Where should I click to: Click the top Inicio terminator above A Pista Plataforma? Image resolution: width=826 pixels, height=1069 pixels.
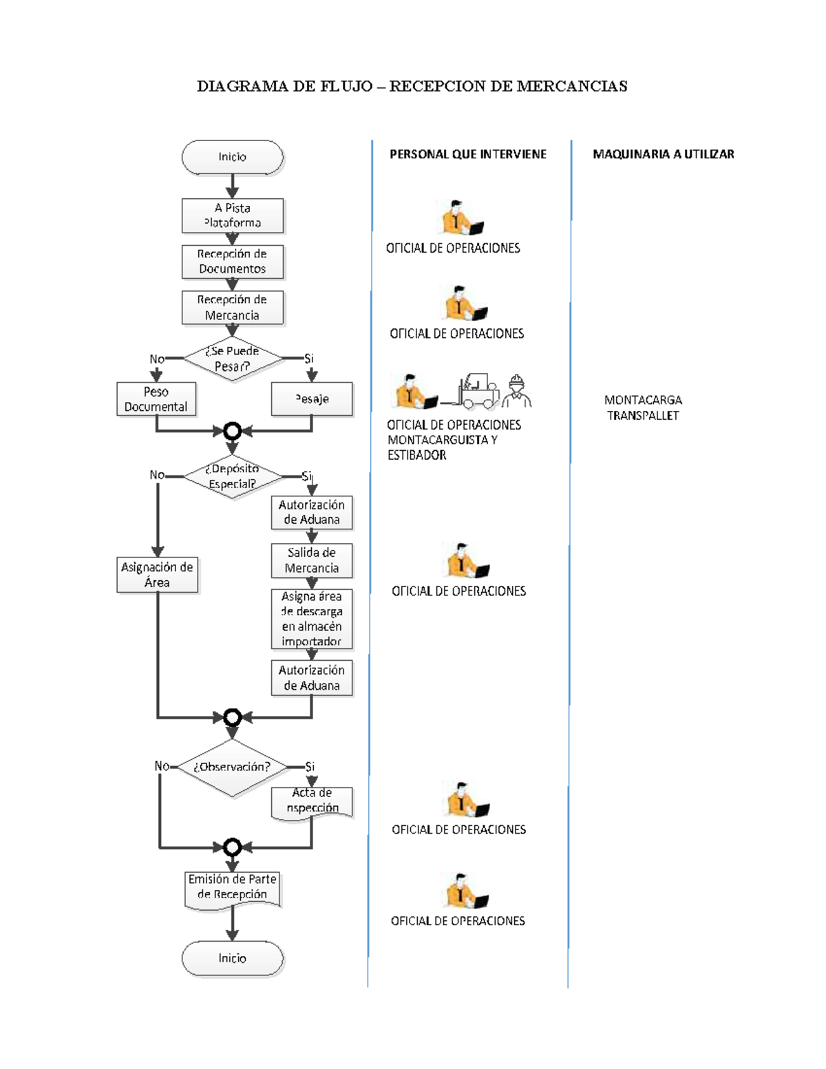pos(232,157)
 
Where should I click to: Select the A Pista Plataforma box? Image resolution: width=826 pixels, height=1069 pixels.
pos(232,215)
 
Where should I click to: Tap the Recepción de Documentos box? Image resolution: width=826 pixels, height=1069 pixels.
pos(232,262)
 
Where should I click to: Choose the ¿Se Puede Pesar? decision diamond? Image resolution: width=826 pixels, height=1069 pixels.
pos(232,359)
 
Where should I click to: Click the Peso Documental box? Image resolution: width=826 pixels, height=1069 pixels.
pos(156,399)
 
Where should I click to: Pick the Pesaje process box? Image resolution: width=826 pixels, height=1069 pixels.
pos(312,399)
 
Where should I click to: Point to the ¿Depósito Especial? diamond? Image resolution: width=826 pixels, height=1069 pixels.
pos(232,476)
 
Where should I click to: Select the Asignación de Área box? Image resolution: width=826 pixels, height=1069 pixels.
pos(157,575)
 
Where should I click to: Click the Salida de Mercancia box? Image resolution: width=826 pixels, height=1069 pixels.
pos(312,560)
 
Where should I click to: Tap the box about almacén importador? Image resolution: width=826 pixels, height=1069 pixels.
pos(312,619)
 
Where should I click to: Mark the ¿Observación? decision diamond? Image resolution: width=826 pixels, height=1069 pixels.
pos(232,767)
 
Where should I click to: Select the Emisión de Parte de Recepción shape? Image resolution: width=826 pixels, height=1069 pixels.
pos(232,888)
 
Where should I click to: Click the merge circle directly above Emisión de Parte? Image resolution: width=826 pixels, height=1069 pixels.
pos(232,847)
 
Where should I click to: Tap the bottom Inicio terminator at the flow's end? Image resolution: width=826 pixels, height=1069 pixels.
pos(232,958)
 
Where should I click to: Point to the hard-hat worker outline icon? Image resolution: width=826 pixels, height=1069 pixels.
pos(516,391)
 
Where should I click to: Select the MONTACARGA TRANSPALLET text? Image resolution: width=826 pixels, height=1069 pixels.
pos(643,408)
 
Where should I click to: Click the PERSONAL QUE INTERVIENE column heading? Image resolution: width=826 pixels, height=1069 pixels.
pos(468,154)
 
